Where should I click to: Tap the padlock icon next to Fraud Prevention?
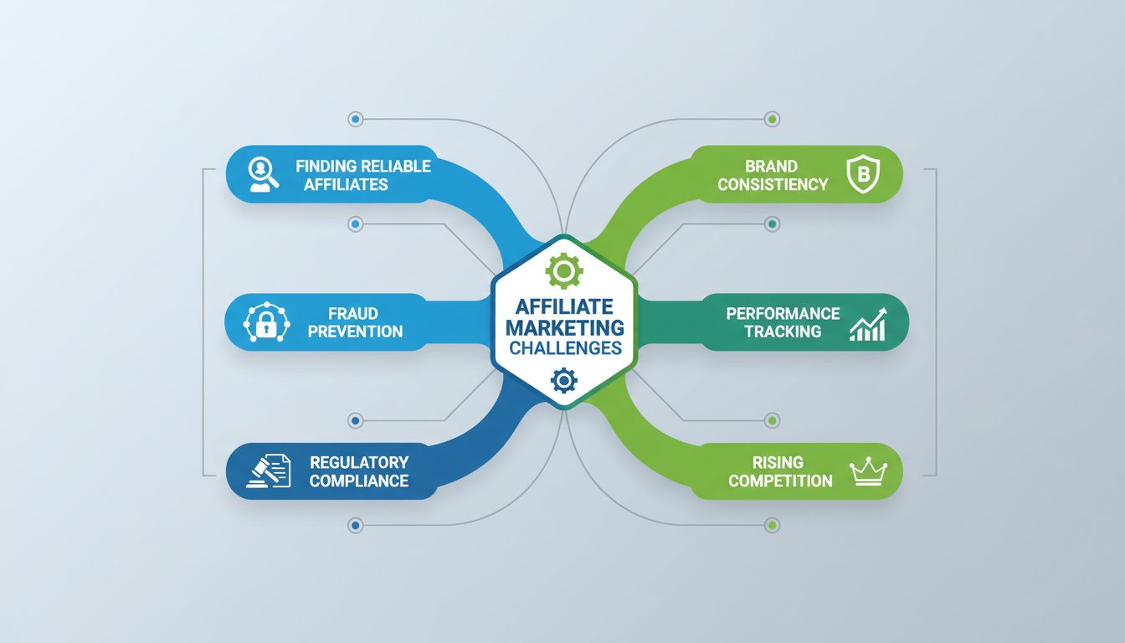pos(266,322)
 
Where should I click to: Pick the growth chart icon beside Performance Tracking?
pos(867,323)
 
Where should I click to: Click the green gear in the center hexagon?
pos(563,271)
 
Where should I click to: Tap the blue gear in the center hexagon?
pos(563,381)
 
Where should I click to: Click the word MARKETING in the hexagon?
pos(564,327)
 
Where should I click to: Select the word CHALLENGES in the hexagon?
pos(564,347)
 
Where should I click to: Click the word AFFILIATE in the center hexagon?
pos(564,307)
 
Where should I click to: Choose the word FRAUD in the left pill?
pos(355,313)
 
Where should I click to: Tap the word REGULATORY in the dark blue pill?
pos(359,462)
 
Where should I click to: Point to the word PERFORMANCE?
pos(783,313)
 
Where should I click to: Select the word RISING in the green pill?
pos(778,462)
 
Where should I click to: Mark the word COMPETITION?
pos(780,481)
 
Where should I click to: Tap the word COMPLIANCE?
pos(359,481)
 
